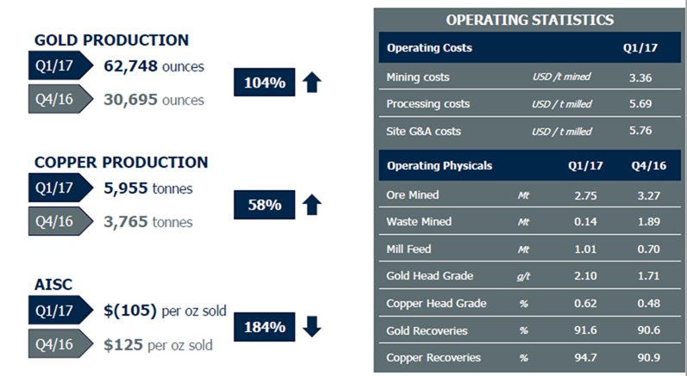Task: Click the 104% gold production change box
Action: (264, 83)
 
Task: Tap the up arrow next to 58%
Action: (312, 205)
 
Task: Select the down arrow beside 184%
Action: (312, 327)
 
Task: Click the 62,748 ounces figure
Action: (153, 66)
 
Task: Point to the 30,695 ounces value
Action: (153, 100)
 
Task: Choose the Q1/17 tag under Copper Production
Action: (60, 188)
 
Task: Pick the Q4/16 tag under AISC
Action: (60, 344)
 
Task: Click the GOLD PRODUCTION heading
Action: (111, 40)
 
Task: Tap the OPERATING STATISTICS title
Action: (530, 20)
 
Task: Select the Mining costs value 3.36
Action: (640, 77)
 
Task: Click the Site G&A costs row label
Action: (423, 131)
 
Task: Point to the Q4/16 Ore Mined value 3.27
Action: (648, 195)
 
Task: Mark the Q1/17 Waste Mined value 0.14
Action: (585, 222)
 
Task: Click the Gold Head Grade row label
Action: (429, 276)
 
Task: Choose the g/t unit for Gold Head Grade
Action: (523, 276)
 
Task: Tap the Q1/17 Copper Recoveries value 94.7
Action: (585, 358)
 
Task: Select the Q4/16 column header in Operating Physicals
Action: (648, 166)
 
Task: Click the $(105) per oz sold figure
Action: (165, 311)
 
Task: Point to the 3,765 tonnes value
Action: (148, 222)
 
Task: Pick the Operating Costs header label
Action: (429, 47)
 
